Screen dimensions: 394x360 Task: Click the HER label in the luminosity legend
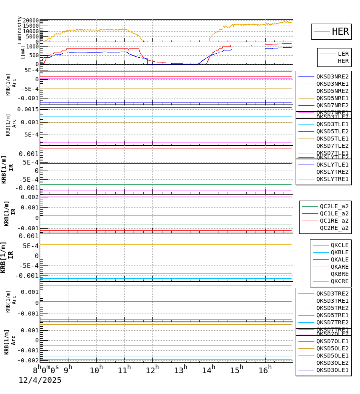pyautogui.click(x=340, y=32)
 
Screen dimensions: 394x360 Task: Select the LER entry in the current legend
pyautogui.click(x=343, y=54)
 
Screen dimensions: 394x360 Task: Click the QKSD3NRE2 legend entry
pyautogui.click(x=332, y=76)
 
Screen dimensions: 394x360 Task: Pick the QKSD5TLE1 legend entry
pyautogui.click(x=332, y=139)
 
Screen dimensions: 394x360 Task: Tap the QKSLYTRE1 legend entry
pyautogui.click(x=332, y=179)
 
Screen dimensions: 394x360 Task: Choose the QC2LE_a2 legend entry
pyautogui.click(x=334, y=206)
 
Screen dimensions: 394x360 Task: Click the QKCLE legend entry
pyautogui.click(x=339, y=245)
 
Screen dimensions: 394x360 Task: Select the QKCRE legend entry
pyautogui.click(x=339, y=281)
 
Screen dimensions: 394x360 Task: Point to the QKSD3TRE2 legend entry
pyautogui.click(x=332, y=293)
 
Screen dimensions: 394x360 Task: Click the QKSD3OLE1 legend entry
pyautogui.click(x=332, y=370)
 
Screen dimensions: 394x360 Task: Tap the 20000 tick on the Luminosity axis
pyautogui.click(x=31, y=21)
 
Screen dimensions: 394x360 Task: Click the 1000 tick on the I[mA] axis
pyautogui.click(x=33, y=46)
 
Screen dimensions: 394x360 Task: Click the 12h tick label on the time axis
pyautogui.click(x=152, y=370)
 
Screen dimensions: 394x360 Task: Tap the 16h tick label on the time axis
pyautogui.click(x=264, y=370)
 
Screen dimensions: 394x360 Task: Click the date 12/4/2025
pyautogui.click(x=40, y=380)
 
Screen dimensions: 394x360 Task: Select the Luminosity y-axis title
pyautogui.click(x=20, y=30)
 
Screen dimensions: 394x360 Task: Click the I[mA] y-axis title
pyautogui.click(x=23, y=52)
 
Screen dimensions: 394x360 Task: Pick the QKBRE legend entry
pyautogui.click(x=339, y=274)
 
